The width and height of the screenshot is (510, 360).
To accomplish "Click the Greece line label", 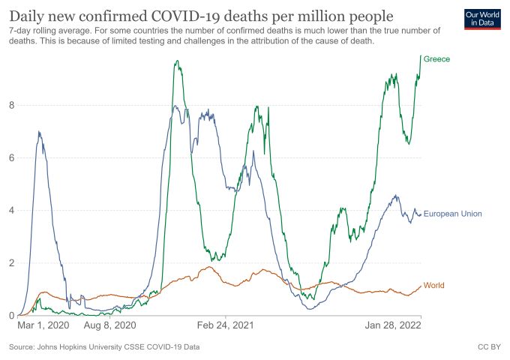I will [436, 58].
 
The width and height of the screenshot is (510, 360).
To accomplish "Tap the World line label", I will [434, 285].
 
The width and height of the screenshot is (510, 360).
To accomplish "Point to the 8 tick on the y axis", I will [12, 105].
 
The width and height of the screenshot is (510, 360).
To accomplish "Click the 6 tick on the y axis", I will [12, 157].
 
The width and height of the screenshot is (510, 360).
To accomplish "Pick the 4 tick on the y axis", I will [12, 210].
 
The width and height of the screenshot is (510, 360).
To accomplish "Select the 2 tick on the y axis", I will [12, 262].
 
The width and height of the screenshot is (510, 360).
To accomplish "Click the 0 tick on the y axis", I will [12, 315].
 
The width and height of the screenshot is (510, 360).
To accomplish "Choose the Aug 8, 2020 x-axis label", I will [109, 326].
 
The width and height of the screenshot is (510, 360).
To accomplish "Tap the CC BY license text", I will [488, 347].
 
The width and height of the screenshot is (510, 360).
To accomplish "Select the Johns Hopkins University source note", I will [105, 347].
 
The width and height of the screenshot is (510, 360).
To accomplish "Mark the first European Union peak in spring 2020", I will [38, 132].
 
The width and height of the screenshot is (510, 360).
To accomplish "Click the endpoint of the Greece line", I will [421, 56].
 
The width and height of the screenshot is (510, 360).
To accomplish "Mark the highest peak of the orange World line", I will [209, 267].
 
